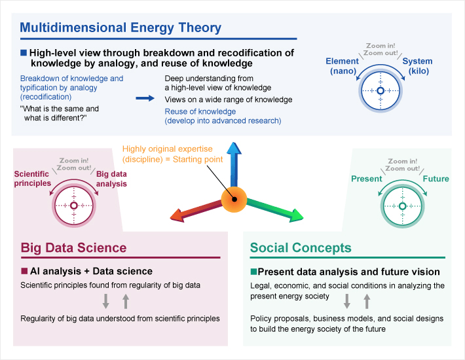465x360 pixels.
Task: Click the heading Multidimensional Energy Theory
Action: (x=121, y=28)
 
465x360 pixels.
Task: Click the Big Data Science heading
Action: (x=73, y=248)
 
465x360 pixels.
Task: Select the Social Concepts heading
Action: (x=301, y=248)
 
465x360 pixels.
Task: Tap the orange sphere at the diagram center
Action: (x=232, y=198)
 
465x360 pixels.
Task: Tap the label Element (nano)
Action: (x=342, y=65)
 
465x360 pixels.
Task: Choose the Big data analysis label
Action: (x=111, y=179)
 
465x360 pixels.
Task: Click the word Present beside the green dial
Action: (x=367, y=179)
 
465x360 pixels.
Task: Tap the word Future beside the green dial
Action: (x=436, y=179)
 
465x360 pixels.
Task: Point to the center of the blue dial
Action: (x=380, y=91)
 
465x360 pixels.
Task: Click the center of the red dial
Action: (x=73, y=206)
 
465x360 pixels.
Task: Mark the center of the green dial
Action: (x=400, y=206)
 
